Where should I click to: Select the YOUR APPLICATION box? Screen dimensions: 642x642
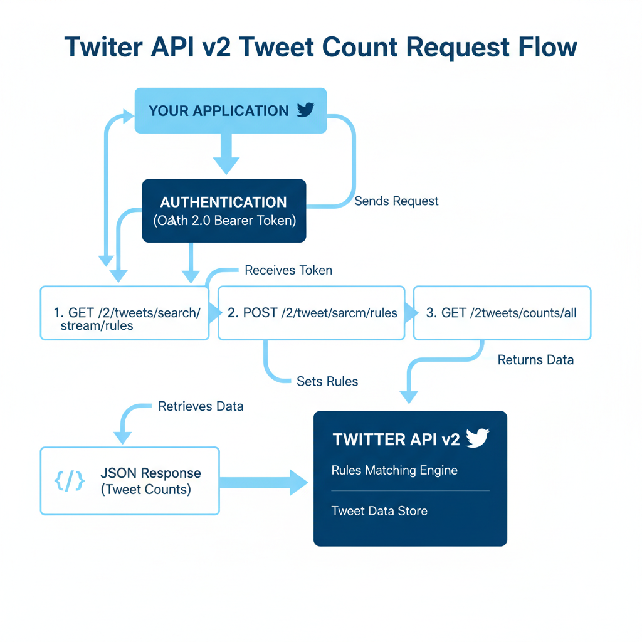coord(230,111)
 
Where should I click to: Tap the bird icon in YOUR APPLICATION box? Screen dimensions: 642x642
coord(305,110)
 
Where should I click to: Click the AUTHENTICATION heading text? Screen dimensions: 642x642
coord(223,203)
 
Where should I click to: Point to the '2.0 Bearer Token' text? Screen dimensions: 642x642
coord(251,221)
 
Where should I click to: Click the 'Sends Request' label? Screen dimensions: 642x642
coord(396,201)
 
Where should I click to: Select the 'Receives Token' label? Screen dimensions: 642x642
coord(288,270)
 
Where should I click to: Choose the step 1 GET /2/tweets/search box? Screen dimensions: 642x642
coord(124,313)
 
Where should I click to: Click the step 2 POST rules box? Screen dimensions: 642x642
coord(312,313)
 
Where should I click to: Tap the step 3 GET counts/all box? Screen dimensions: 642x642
coord(502,313)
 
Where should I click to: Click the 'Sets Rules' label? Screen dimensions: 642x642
coord(327,381)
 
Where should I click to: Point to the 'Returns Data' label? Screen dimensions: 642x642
coord(535,360)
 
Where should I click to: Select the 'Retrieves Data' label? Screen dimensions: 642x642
coord(201,406)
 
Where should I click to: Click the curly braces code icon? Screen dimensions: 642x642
coord(70,481)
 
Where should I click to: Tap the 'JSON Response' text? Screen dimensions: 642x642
coord(150,473)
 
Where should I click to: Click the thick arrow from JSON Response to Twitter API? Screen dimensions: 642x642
coord(263,481)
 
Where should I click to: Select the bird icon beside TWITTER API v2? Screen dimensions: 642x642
coord(477,438)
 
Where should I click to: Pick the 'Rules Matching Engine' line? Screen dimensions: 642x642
coord(394,470)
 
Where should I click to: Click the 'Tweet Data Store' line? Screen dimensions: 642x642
coord(379,511)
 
